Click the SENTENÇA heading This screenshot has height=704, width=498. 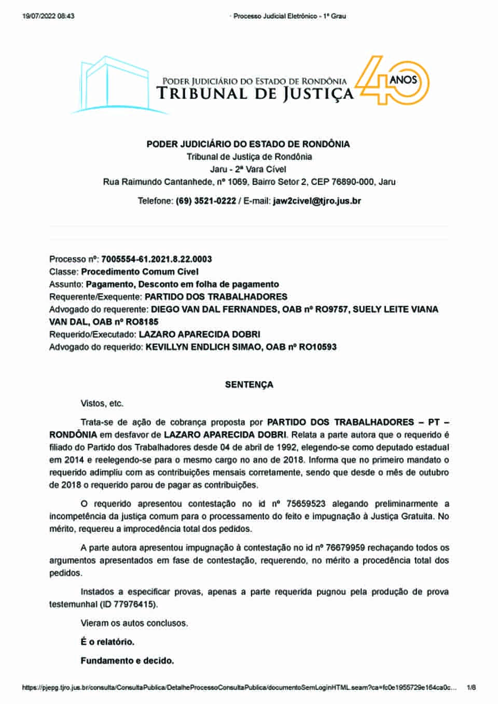click(249, 385)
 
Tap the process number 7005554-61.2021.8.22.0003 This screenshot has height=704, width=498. click(157, 259)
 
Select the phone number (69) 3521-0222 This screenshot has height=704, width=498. click(206, 201)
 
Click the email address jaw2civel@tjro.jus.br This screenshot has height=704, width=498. click(317, 201)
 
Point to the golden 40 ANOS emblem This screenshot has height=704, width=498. click(395, 82)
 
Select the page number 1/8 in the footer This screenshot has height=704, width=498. click(471, 688)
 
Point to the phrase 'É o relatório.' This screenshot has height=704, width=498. click(107, 642)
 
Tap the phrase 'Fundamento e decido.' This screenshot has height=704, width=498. click(127, 660)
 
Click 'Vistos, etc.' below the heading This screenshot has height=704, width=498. click(102, 404)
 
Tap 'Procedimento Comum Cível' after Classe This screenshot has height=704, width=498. click(140, 271)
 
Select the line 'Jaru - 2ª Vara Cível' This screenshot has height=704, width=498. click(248, 169)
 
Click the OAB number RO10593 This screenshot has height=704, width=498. click(317, 347)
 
